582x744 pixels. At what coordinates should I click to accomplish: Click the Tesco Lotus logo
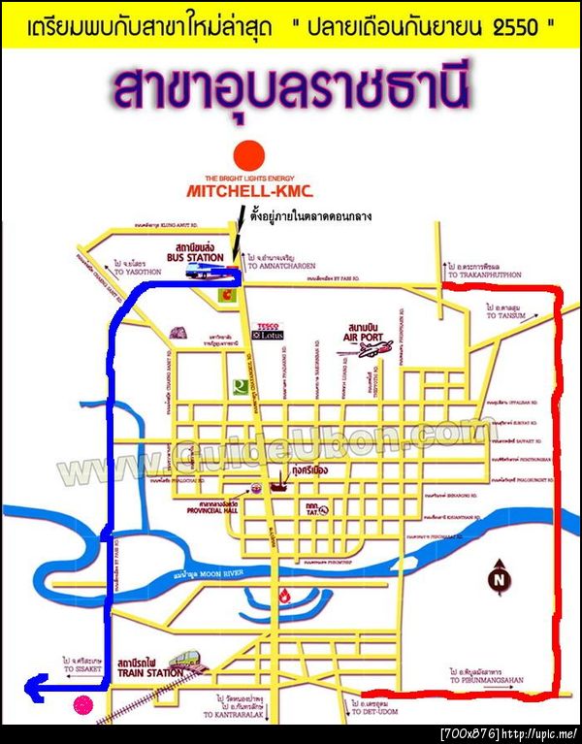point(265,331)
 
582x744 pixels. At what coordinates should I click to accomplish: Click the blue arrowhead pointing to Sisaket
point(31,690)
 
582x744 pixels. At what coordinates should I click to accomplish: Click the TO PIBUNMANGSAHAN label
point(485,680)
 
